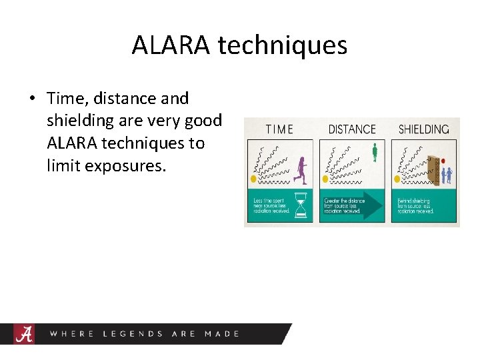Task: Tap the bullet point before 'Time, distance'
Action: (x=31, y=99)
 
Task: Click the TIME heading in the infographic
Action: (x=279, y=129)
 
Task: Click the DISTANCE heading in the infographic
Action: (x=352, y=129)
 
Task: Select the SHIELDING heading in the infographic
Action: (x=423, y=129)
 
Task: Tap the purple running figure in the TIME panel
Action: (x=301, y=171)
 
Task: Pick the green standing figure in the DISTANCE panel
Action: (x=375, y=152)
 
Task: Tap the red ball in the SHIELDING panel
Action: (x=443, y=161)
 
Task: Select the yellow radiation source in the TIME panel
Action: (x=253, y=179)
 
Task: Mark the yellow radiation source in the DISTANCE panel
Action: (x=325, y=179)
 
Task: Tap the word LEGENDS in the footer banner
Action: (x=133, y=333)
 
